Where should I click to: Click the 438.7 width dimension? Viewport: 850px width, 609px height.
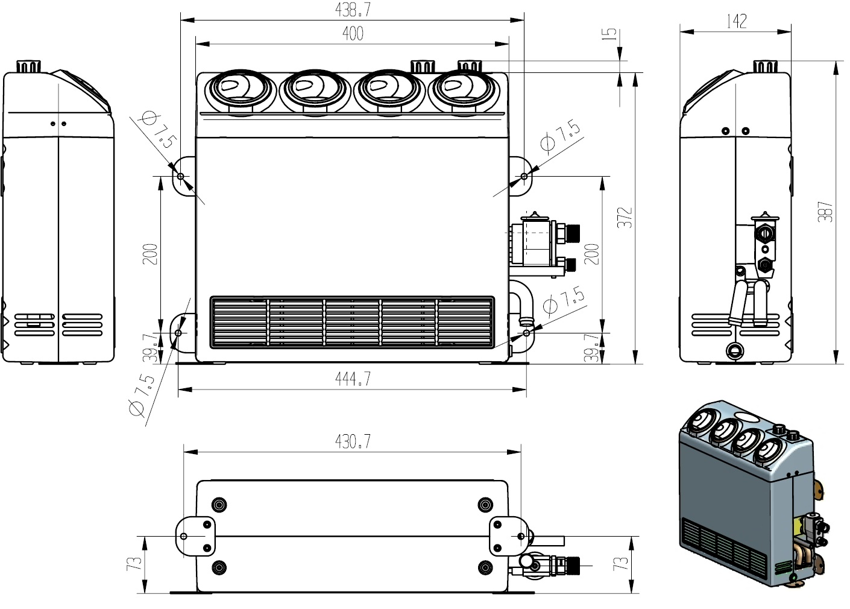[352, 9]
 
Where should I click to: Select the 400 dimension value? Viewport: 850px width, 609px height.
[352, 34]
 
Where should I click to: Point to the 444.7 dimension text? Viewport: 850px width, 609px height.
[352, 379]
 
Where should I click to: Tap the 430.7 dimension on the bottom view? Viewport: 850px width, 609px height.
[352, 441]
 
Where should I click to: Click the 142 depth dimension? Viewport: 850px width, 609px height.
[736, 21]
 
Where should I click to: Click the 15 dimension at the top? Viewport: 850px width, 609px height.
[612, 34]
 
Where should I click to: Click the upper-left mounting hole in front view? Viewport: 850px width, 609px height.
[180, 175]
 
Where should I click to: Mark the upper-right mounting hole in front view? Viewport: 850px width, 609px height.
[524, 176]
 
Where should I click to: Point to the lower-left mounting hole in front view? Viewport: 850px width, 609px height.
[178, 332]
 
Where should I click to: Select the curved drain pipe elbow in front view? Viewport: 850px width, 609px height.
[522, 304]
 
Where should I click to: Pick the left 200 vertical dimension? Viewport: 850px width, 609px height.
[150, 254]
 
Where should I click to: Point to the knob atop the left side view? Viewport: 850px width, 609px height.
[28, 65]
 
